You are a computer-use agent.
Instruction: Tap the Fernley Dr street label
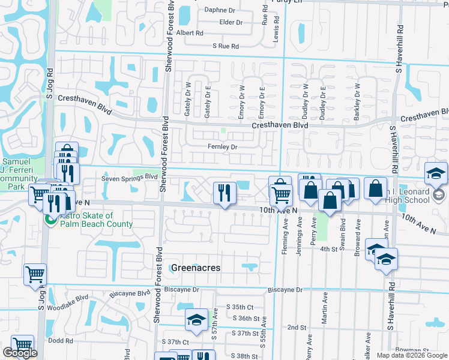tap(223, 147)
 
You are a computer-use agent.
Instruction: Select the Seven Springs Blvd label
tap(129, 177)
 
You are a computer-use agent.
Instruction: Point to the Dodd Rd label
tap(61, 341)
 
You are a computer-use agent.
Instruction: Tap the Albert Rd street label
tap(190, 33)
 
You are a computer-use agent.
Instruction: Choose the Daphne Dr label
tap(220, 10)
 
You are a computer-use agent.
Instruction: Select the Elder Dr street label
tap(231, 22)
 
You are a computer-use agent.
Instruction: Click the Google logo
tap(20, 353)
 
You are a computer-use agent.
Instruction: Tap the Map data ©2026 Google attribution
tap(411, 355)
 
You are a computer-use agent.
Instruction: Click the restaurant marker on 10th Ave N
tap(224, 193)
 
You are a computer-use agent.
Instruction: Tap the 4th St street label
tap(329, 248)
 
